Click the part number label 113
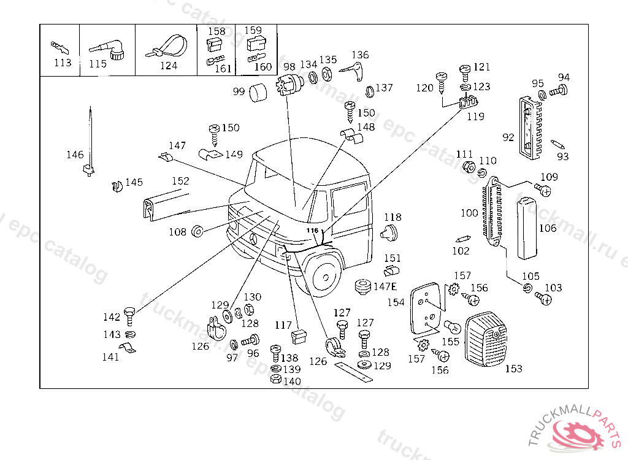(x=63, y=63)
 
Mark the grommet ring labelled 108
(x=198, y=232)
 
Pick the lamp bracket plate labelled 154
(x=426, y=307)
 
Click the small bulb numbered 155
(x=451, y=326)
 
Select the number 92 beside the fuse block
(x=508, y=137)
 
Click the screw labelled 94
(x=557, y=91)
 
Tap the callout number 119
(x=475, y=116)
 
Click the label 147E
(x=385, y=287)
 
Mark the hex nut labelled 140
(x=276, y=379)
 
